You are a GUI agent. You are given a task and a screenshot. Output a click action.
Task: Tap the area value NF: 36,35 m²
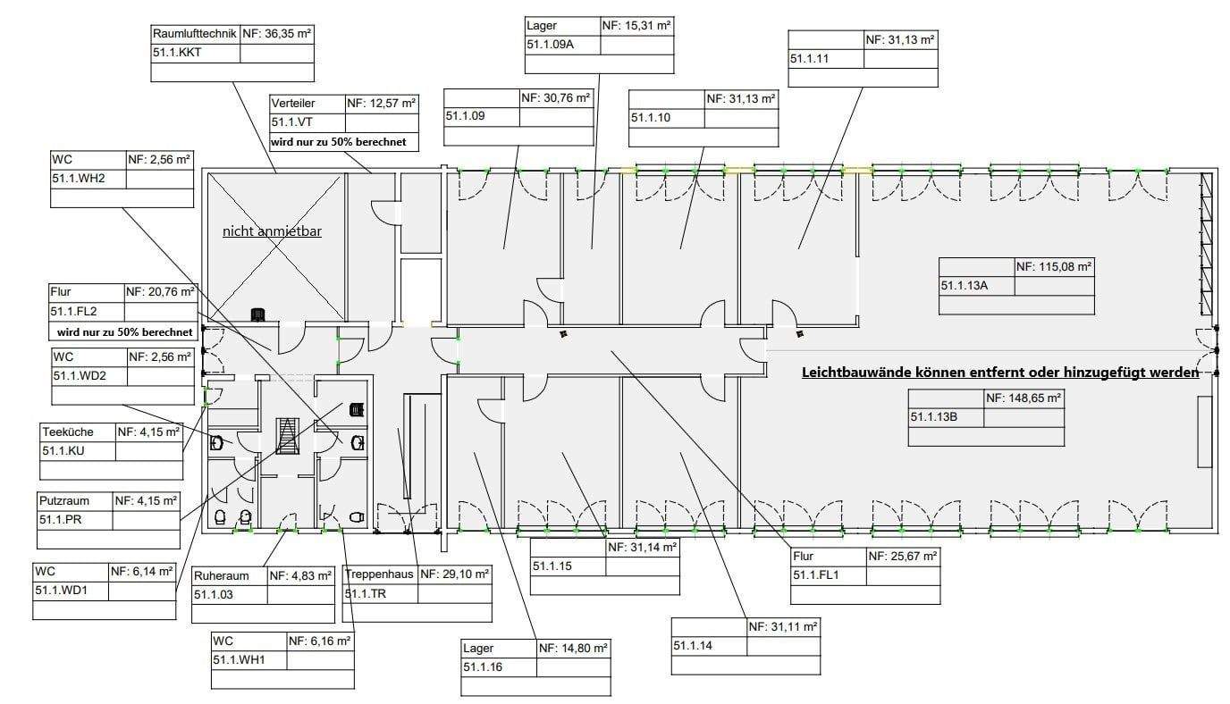277,34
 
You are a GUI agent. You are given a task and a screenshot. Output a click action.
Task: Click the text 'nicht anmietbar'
272,231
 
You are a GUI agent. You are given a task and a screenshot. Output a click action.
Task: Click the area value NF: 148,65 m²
1024,398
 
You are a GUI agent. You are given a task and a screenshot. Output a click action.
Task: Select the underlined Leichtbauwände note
1000,373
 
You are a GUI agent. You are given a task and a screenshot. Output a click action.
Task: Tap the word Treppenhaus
379,574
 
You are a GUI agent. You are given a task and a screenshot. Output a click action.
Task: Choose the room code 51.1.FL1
813,575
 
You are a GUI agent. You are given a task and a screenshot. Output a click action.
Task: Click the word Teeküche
68,432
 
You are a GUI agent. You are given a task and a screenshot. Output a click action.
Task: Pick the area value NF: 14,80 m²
573,648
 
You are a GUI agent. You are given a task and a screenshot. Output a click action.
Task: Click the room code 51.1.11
810,58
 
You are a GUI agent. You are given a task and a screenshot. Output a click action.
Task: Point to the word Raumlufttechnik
195,34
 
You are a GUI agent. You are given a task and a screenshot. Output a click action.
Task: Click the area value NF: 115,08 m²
1055,266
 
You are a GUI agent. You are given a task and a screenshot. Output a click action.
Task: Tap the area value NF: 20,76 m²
158,291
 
